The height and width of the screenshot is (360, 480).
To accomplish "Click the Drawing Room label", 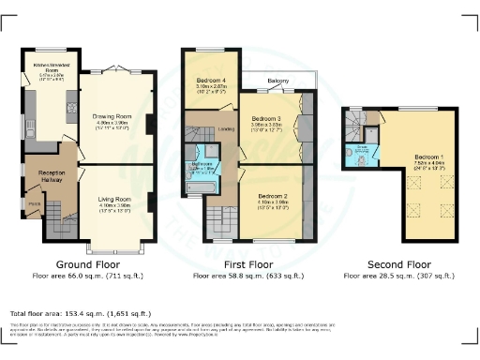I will pyautogui.click(x=117, y=117).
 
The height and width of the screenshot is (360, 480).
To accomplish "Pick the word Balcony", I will pyautogui.click(x=277, y=82).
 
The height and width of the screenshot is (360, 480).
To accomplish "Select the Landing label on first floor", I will pyautogui.click(x=226, y=129).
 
